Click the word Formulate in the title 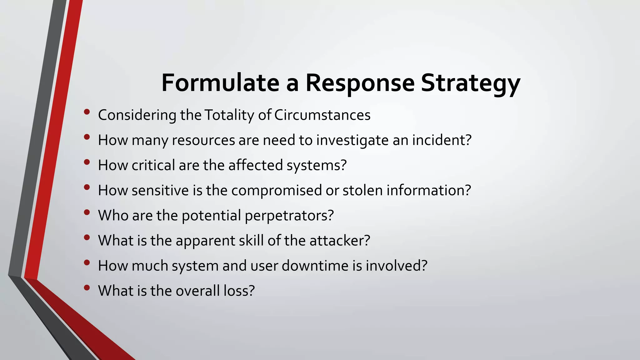pos(220,83)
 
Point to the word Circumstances pos(322,115)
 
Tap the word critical pos(153,165)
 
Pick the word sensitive pos(160,190)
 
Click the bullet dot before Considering pos(87,112)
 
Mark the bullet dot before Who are pos(87,212)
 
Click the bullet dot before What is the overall pos(87,287)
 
